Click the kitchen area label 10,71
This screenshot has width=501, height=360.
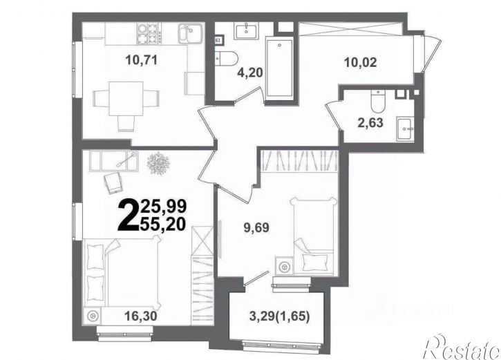142,60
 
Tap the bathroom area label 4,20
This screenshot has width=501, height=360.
250,73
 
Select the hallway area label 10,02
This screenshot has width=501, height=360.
361,62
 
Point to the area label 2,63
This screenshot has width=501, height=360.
370,122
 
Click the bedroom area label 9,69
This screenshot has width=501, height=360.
256,228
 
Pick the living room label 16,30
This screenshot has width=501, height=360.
141,316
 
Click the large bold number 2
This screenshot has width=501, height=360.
129,214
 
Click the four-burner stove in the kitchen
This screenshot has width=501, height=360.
149,34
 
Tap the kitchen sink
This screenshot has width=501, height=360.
190,34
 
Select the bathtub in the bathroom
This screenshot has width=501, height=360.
280,69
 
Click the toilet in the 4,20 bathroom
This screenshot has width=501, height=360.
226,59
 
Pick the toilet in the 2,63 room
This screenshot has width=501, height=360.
378,102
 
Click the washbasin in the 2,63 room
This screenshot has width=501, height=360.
405,129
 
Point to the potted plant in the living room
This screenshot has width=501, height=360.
158,164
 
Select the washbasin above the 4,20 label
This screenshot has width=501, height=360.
246,31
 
